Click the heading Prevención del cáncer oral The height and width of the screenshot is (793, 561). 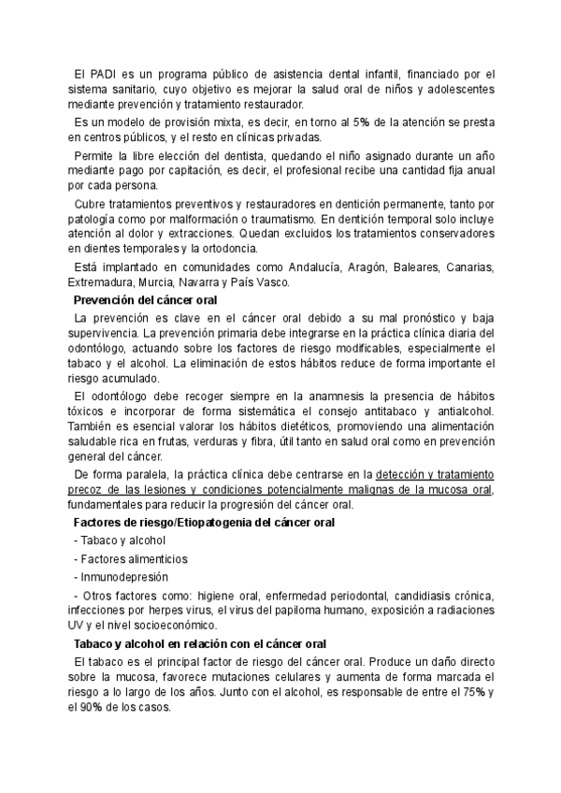point(145,300)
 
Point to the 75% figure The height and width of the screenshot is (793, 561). point(477,692)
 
